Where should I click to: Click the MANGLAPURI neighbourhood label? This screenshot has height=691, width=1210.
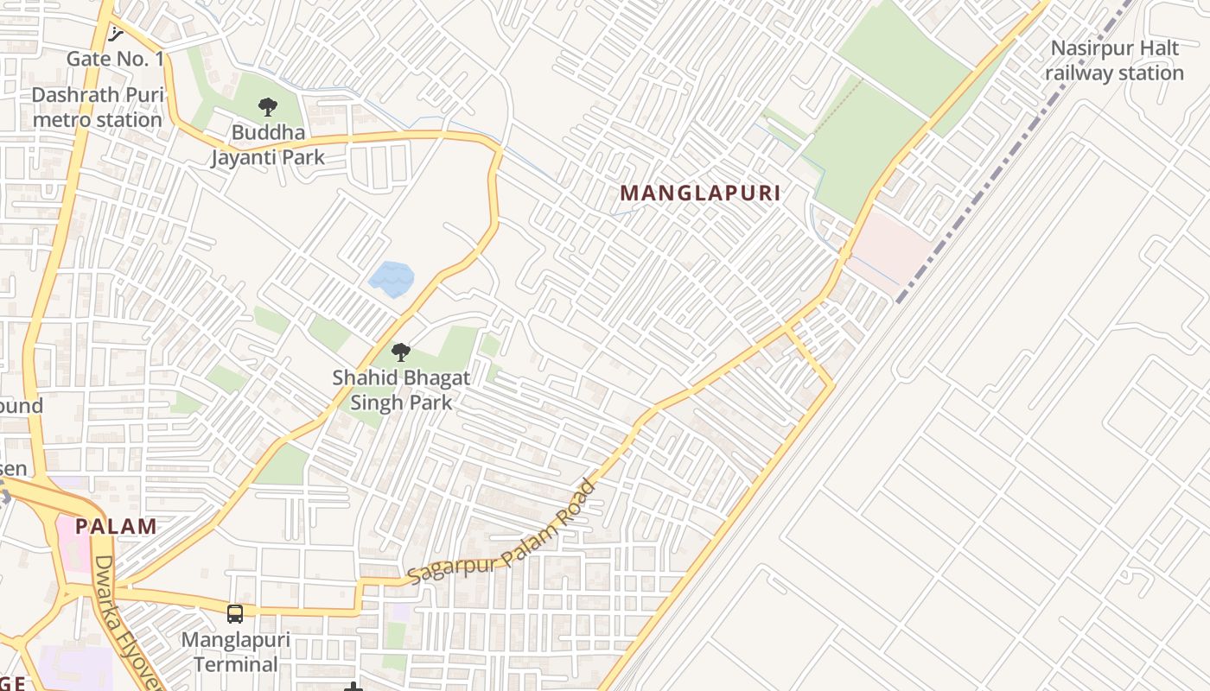(700, 193)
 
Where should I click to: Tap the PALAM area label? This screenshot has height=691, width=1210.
(116, 526)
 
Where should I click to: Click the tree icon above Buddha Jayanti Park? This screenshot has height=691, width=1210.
(268, 108)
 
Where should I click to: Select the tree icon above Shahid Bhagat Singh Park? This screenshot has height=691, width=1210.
(400, 352)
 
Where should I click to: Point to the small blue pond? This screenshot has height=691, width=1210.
(392, 279)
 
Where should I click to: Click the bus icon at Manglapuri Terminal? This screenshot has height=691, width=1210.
(235, 614)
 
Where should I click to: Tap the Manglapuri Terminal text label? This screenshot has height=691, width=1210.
(235, 653)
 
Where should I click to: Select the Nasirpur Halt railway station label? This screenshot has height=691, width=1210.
(1114, 60)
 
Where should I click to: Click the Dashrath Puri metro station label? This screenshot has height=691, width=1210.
(97, 107)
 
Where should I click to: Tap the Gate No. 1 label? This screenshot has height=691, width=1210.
(115, 59)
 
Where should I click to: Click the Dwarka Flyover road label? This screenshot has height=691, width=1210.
(128, 622)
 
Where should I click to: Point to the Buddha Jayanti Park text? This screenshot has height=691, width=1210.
(268, 145)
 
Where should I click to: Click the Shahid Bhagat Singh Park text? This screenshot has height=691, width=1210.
(401, 390)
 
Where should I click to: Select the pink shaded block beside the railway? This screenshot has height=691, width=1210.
(890, 246)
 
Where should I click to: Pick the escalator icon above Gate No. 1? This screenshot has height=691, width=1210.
(116, 34)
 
